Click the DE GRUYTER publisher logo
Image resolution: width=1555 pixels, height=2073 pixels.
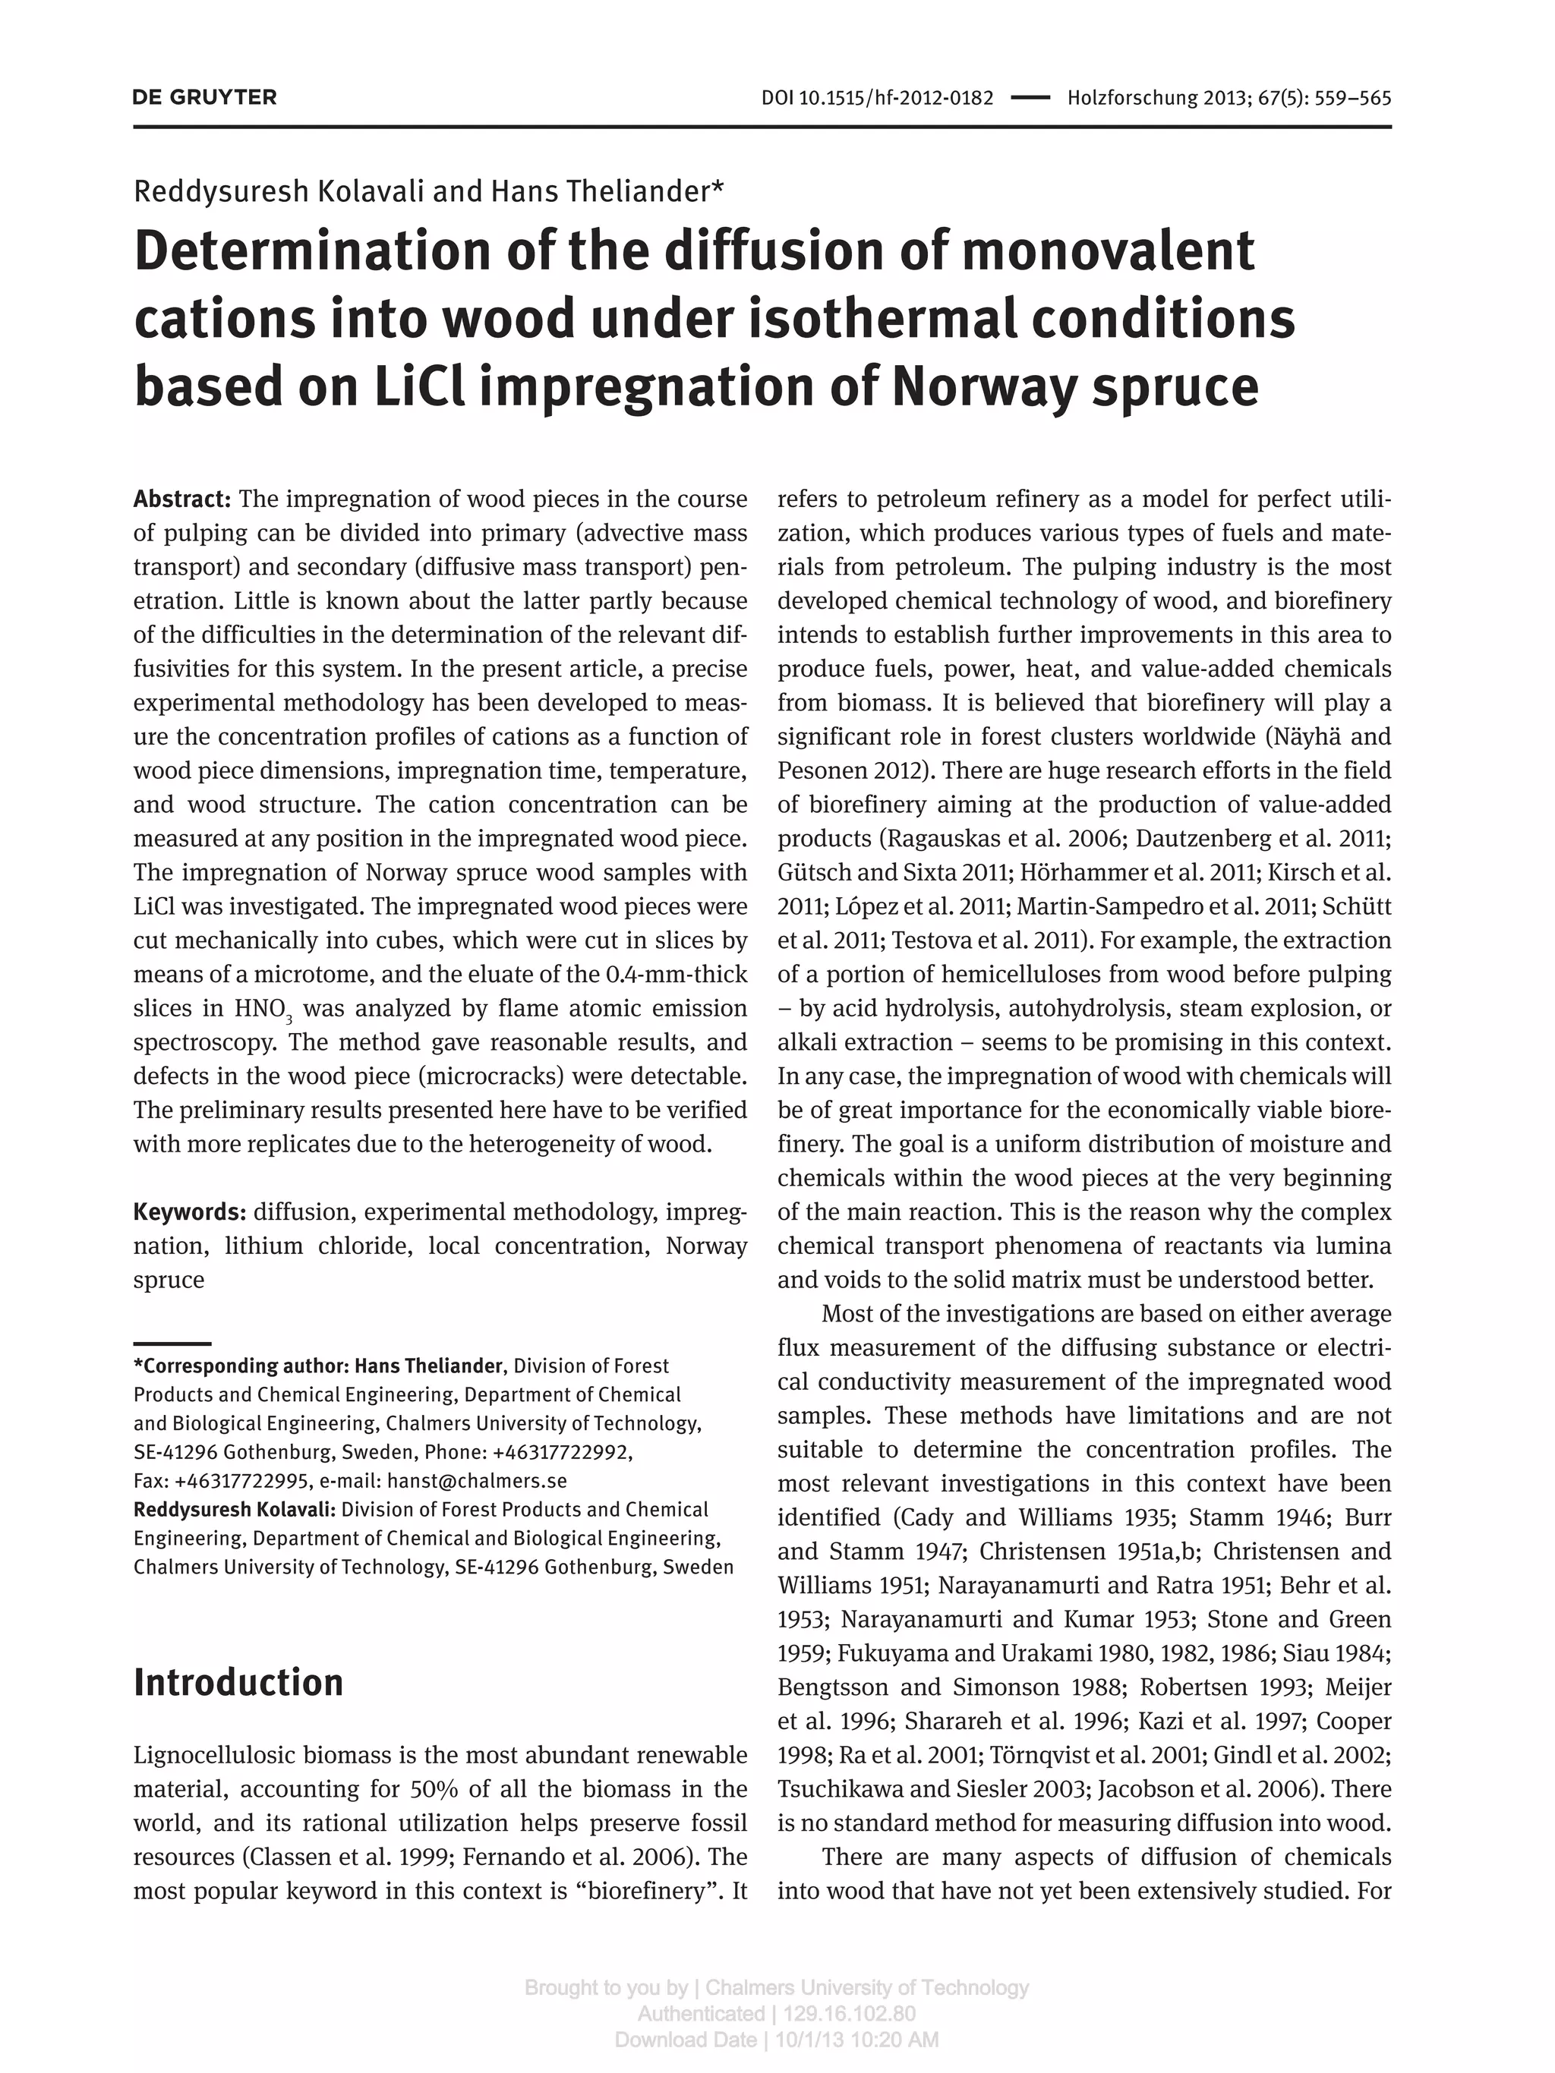click(204, 97)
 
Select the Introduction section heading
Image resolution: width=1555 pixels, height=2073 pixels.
click(238, 1682)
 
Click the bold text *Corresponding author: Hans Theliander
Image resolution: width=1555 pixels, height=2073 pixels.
click(319, 1366)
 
